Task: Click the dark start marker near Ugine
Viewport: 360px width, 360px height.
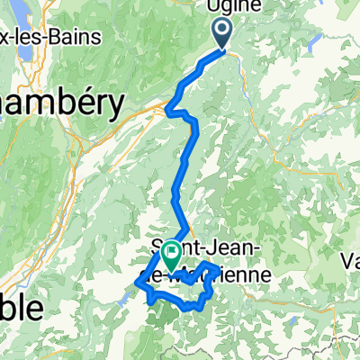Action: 222,32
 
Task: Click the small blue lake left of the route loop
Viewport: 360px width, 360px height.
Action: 123,295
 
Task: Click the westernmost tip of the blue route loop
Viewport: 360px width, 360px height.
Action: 137,284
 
